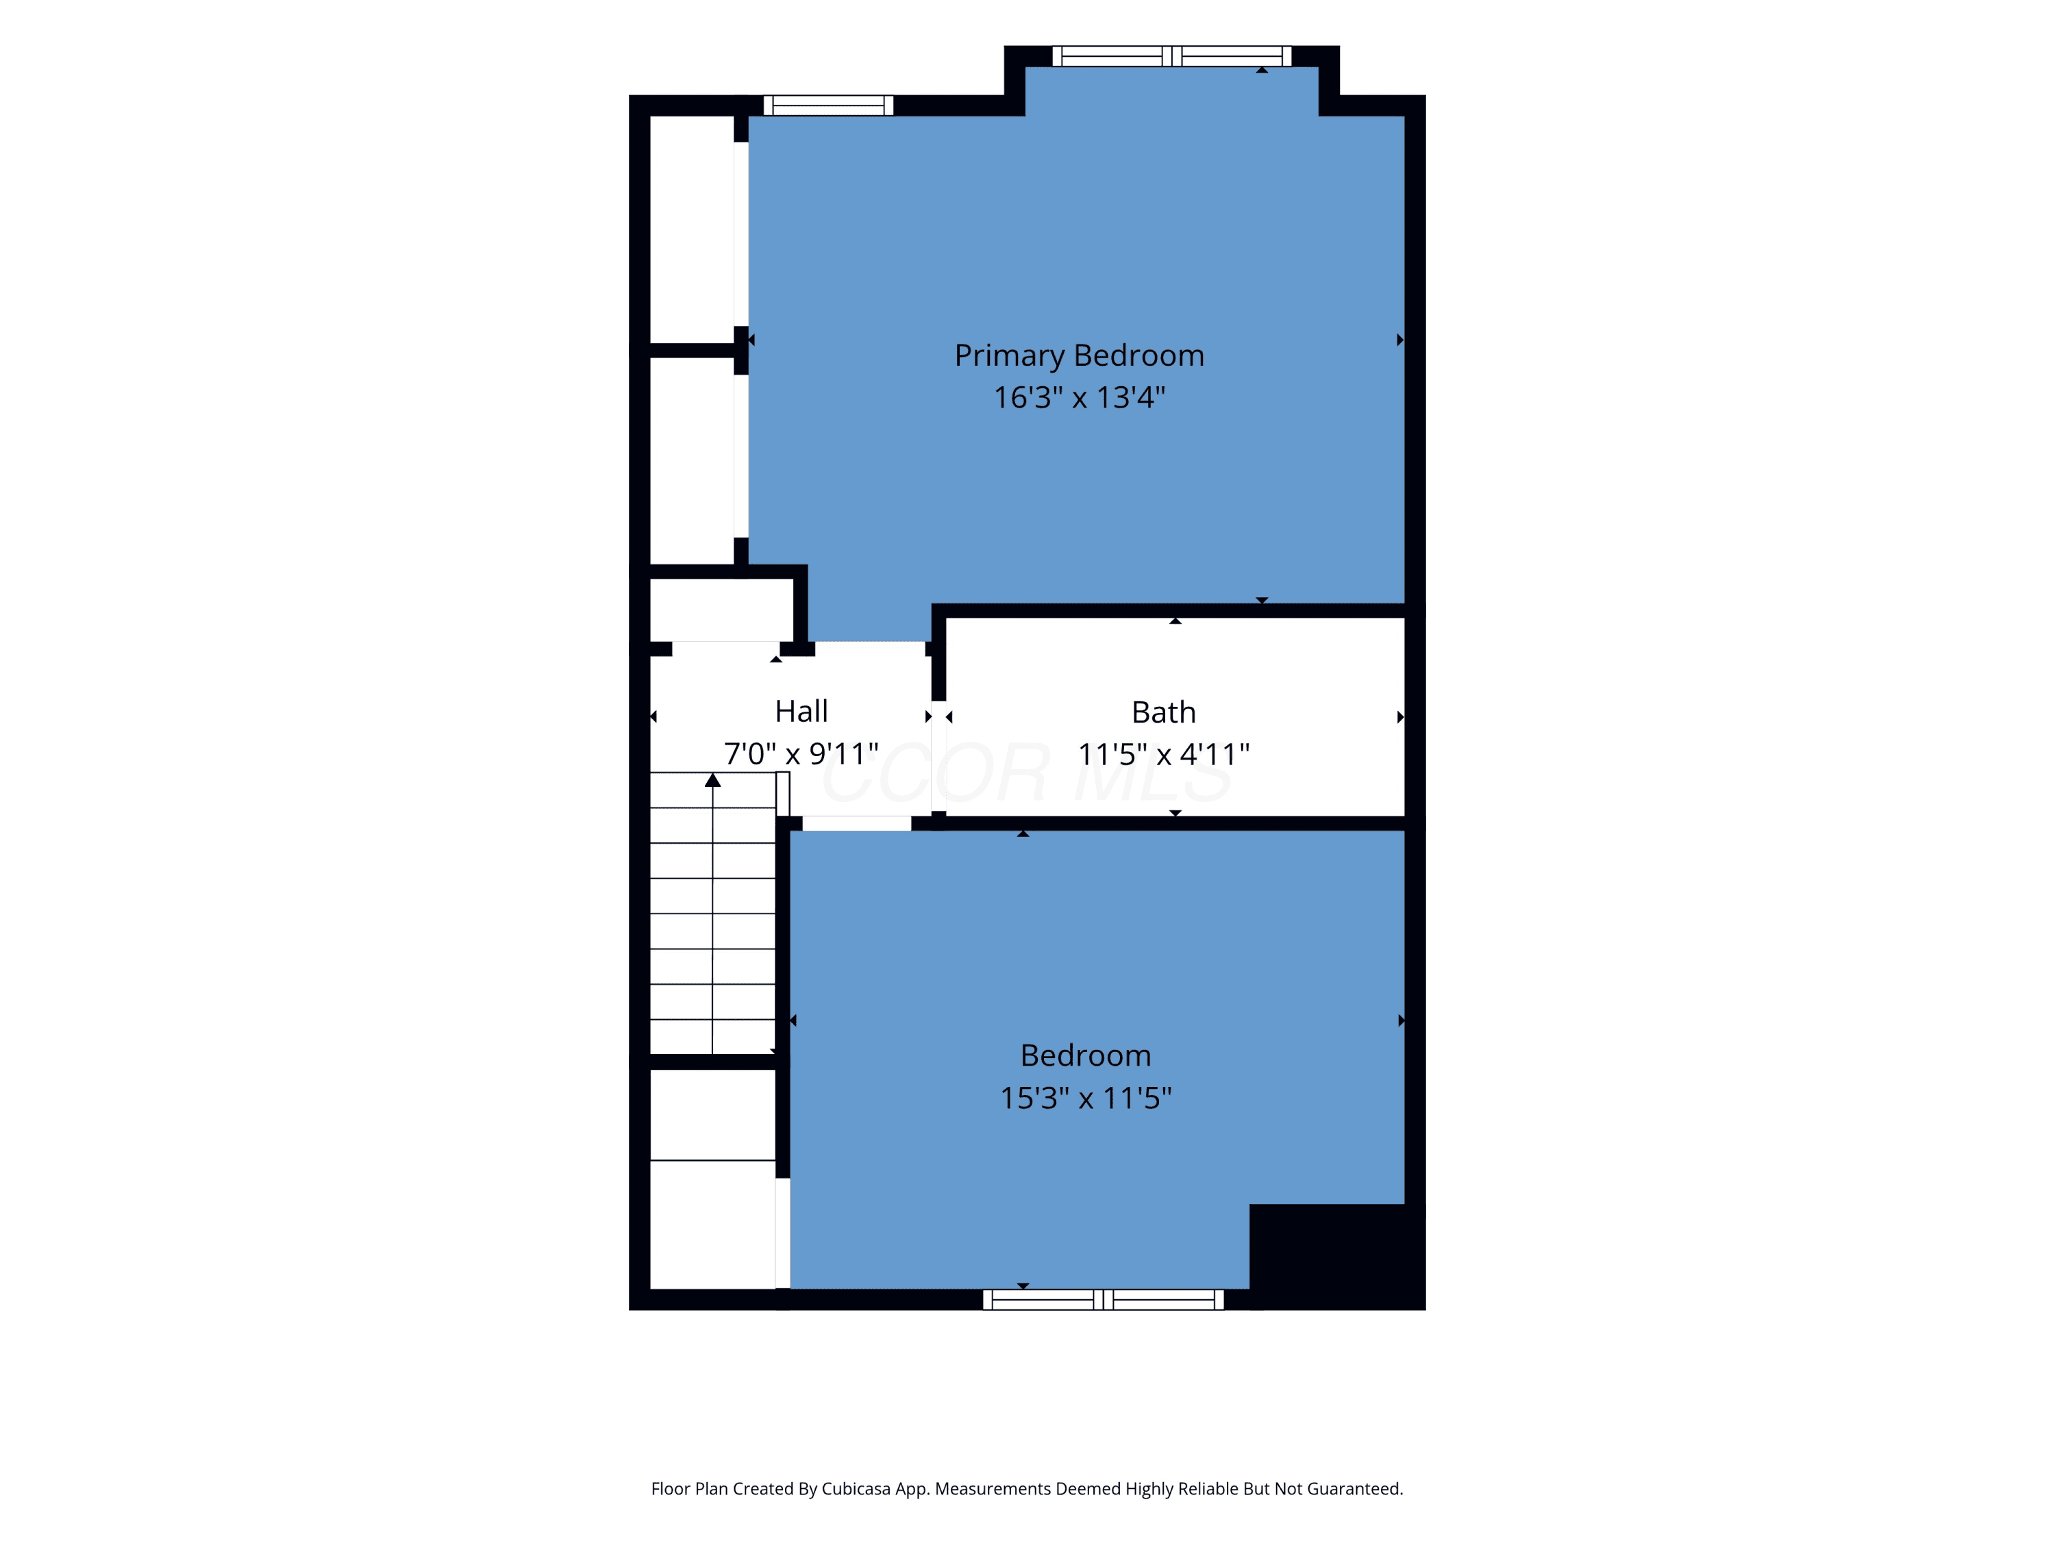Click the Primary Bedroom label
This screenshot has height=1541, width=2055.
pyautogui.click(x=1079, y=355)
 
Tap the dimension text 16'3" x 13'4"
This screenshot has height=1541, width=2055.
pyautogui.click(x=1079, y=397)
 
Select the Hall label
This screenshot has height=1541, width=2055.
pyautogui.click(x=801, y=712)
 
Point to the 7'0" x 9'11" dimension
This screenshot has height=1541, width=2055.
pyautogui.click(x=801, y=753)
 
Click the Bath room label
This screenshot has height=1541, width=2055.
pyautogui.click(x=1163, y=712)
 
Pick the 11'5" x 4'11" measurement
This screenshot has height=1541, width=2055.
pyautogui.click(x=1163, y=754)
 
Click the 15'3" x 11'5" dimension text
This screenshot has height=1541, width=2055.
pyautogui.click(x=1085, y=1098)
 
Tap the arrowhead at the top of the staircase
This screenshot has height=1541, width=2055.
pyautogui.click(x=712, y=780)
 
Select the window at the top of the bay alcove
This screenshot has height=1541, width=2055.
pyautogui.click(x=1171, y=55)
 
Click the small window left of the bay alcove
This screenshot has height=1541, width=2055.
pyautogui.click(x=827, y=105)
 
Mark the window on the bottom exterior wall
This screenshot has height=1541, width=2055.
pyautogui.click(x=1103, y=1299)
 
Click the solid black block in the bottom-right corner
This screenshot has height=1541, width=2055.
pyautogui.click(x=1337, y=1257)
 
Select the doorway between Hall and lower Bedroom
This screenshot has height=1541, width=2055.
pyautogui.click(x=856, y=823)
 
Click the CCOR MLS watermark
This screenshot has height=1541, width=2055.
pyautogui.click(x=1027, y=773)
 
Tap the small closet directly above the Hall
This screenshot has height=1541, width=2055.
pyautogui.click(x=722, y=610)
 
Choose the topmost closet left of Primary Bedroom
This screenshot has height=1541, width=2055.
pyautogui.click(x=692, y=229)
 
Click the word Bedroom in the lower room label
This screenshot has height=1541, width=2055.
pyautogui.click(x=1085, y=1055)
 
